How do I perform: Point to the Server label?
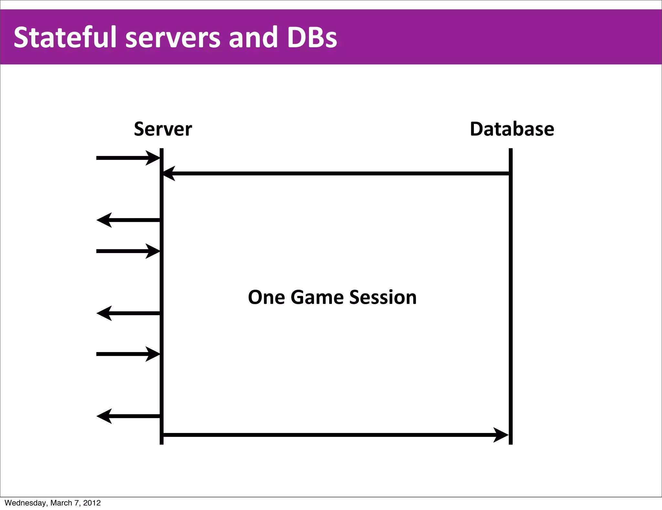tap(163, 129)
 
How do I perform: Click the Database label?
tap(512, 129)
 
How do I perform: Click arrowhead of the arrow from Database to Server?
tap(169, 173)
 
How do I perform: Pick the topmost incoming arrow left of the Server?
tap(128, 158)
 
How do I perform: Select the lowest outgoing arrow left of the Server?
tap(128, 416)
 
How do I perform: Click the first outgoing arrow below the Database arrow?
tap(128, 220)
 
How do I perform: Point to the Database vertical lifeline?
tap(510, 291)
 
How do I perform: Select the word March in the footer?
tap(61, 503)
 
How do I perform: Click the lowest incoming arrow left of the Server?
tap(128, 354)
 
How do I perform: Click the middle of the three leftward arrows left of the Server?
tap(128, 313)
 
